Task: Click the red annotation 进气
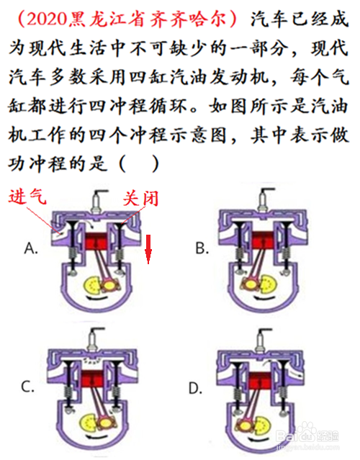click(27, 196)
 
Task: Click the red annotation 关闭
click(140, 199)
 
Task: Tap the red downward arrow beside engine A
click(148, 249)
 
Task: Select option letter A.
click(31, 248)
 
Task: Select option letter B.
click(202, 248)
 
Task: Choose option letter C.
click(28, 387)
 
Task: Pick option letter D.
click(195, 389)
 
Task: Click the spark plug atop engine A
click(97, 201)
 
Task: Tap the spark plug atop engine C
click(94, 339)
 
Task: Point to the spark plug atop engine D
click(261, 341)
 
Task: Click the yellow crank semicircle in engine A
click(92, 285)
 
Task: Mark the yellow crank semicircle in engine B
click(268, 284)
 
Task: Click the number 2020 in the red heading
click(48, 19)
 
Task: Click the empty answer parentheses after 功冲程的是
click(139, 164)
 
